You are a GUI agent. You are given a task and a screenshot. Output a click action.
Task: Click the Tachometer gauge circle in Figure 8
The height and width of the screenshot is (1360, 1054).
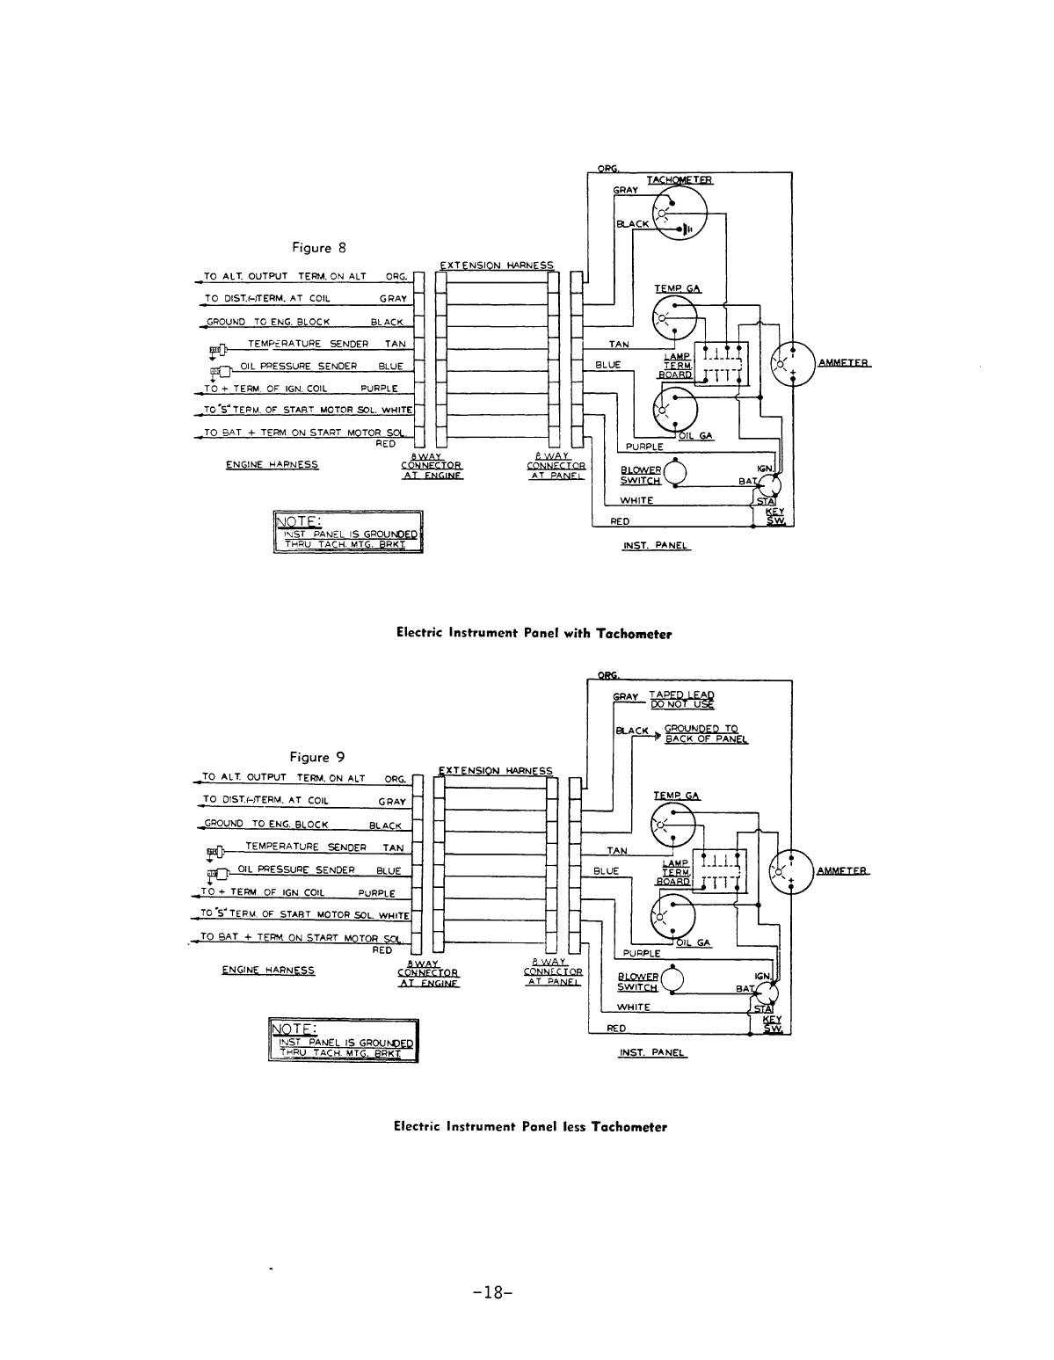click(680, 213)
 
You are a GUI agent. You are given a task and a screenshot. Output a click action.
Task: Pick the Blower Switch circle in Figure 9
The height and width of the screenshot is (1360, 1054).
click(674, 981)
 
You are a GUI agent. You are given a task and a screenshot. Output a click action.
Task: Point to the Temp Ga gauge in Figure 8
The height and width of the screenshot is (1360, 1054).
click(673, 315)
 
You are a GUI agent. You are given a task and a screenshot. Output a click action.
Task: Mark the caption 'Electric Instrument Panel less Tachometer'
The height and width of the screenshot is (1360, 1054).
click(530, 1126)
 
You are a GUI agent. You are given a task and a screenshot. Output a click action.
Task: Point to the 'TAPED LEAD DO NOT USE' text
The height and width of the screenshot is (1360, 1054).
click(681, 699)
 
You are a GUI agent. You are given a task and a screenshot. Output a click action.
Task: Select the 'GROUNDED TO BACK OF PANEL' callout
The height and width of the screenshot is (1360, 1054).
click(705, 734)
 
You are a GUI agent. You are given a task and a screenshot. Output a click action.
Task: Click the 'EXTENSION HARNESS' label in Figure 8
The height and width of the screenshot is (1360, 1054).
click(497, 265)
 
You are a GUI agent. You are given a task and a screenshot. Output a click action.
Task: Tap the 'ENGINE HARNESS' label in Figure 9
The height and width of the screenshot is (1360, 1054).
click(268, 971)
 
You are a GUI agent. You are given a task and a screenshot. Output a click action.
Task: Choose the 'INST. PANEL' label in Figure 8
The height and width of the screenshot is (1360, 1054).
click(656, 546)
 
